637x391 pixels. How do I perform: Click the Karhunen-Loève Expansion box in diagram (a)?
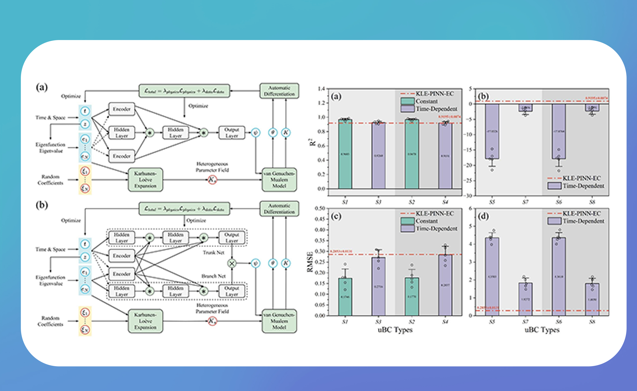click(145, 180)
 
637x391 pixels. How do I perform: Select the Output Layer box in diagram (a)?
click(232, 133)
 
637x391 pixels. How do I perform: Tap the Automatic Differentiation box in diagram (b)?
click(279, 209)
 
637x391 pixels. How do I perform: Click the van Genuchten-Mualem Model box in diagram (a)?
click(279, 180)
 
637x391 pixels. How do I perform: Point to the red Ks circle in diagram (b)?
click(212, 321)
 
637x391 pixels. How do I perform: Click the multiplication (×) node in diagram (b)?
click(232, 264)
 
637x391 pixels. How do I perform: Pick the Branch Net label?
click(214, 276)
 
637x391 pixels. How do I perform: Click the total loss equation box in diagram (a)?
click(184, 91)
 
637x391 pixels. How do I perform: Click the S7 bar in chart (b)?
click(525, 108)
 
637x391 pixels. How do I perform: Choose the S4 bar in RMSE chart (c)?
click(445, 284)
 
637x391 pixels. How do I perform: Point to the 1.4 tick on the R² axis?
click(321, 89)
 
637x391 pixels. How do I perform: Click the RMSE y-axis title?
click(310, 262)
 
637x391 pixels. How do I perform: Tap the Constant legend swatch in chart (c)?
click(407, 221)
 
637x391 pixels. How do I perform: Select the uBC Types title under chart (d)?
click(542, 330)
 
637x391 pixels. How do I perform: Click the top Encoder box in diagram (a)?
click(122, 109)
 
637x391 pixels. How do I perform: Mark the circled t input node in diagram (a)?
click(85, 111)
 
